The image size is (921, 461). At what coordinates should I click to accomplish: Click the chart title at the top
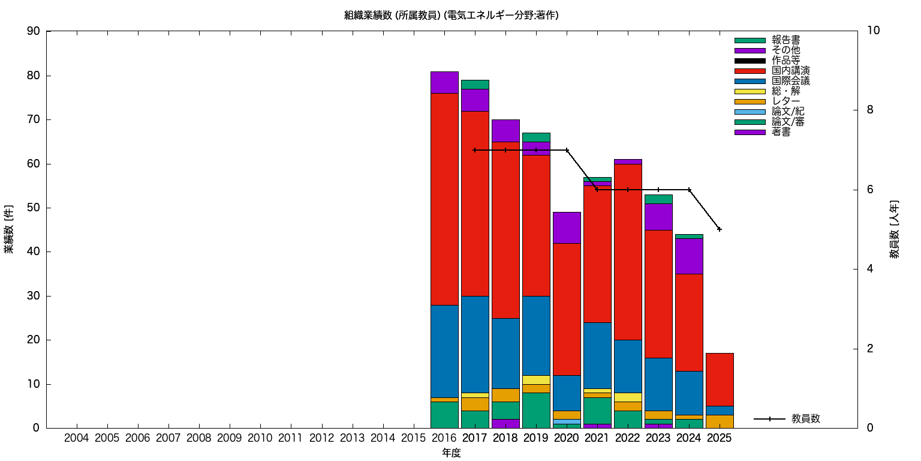point(451,16)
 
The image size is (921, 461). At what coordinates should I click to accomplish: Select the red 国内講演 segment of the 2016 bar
point(444,199)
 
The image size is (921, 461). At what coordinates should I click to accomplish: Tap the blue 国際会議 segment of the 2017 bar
point(475,344)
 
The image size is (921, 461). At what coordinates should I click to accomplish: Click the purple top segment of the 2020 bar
point(567,227)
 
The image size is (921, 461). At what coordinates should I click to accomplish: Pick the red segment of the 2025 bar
point(720,379)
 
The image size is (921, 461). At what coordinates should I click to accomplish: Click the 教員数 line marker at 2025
point(720,229)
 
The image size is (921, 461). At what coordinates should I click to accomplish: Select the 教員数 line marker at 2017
point(475,150)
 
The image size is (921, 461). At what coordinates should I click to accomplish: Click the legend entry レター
point(785,101)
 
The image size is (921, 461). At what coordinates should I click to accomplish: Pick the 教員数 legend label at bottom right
point(805,419)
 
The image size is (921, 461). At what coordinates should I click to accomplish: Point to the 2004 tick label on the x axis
point(76,438)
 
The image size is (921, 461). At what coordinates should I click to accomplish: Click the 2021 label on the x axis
point(597,438)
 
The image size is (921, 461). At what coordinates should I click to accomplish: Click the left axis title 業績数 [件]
point(9,229)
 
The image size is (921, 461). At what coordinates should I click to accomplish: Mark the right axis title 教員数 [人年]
point(894,229)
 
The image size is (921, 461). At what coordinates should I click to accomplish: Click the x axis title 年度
point(451,453)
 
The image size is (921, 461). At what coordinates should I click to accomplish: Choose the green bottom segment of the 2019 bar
point(536,410)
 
